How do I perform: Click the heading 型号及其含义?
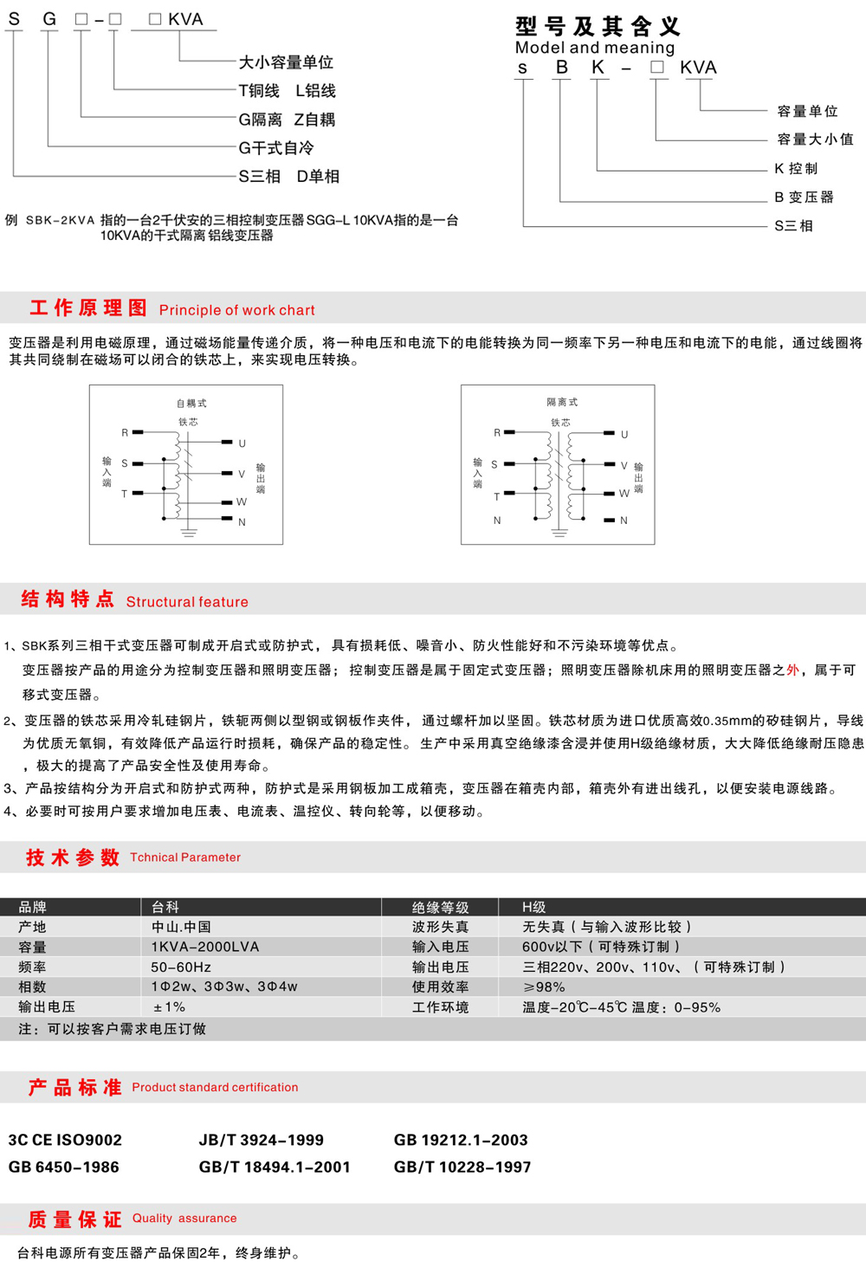598,26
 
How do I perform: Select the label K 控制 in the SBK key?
796,168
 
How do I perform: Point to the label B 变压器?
804,197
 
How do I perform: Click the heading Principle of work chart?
236,310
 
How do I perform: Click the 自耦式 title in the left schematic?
191,403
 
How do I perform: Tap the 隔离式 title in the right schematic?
562,402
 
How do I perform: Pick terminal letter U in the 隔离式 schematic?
624,434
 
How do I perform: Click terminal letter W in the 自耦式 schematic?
241,501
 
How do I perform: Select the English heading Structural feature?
187,602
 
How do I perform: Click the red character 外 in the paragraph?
792,670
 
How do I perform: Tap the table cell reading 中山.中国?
181,927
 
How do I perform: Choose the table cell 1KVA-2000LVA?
204,947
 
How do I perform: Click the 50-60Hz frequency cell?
181,967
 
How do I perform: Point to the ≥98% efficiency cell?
544,987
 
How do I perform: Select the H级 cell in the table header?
533,907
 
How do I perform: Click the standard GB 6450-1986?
63,1167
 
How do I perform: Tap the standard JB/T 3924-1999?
261,1140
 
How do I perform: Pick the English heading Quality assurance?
184,1218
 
